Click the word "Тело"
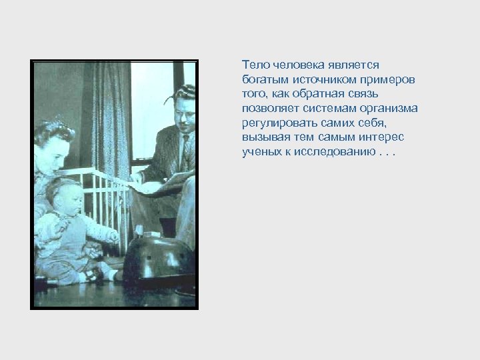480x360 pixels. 253,65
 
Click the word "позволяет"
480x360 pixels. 268,108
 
